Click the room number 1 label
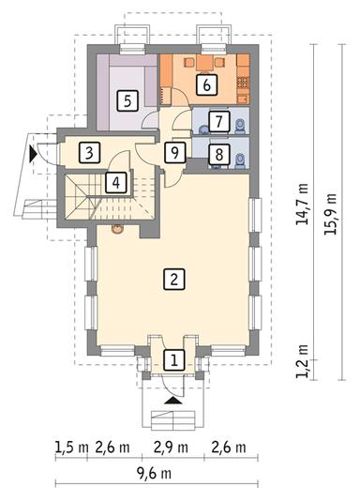172,358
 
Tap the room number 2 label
172,278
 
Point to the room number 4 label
113,182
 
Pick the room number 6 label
205,85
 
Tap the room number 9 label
172,152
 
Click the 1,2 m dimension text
300,362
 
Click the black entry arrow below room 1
172,399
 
